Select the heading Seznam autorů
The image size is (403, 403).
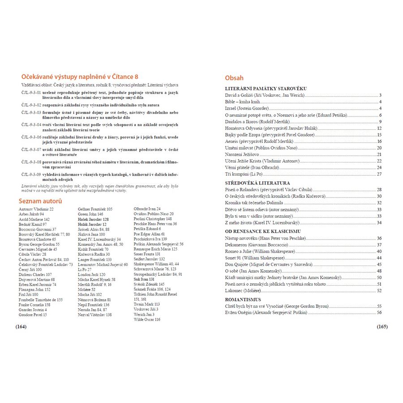[40, 201]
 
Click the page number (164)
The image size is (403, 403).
[21, 326]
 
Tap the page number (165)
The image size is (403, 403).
[382, 326]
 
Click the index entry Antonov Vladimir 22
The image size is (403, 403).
[36, 209]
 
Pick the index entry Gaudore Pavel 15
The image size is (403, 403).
[33, 315]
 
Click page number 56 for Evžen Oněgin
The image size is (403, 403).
[379, 312]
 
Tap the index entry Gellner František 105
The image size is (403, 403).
[95, 209]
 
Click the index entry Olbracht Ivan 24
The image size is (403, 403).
[147, 209]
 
